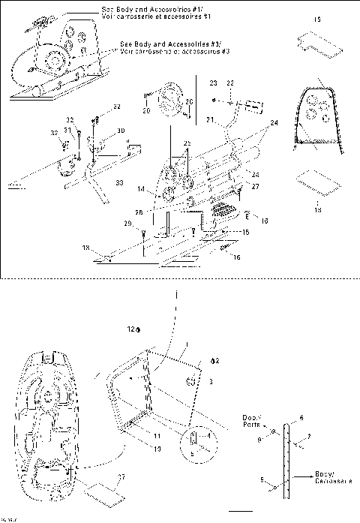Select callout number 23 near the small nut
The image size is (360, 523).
213,82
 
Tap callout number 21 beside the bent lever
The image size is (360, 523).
211,119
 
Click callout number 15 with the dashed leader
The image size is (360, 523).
244,233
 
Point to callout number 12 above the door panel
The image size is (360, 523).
130,329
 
